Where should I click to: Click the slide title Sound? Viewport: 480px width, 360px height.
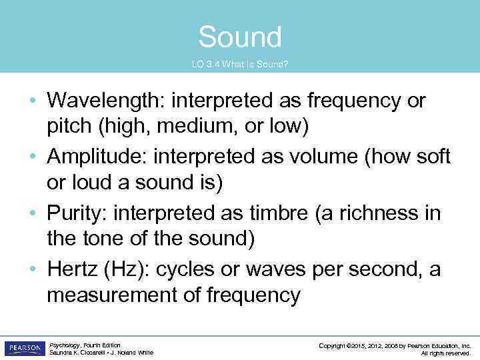click(x=240, y=37)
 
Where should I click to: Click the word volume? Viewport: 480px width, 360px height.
click(x=302, y=157)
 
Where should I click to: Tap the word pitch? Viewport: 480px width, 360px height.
click(x=71, y=126)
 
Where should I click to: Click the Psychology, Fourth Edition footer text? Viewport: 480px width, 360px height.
click(x=85, y=345)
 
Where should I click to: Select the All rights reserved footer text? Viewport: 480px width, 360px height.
click(x=446, y=353)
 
